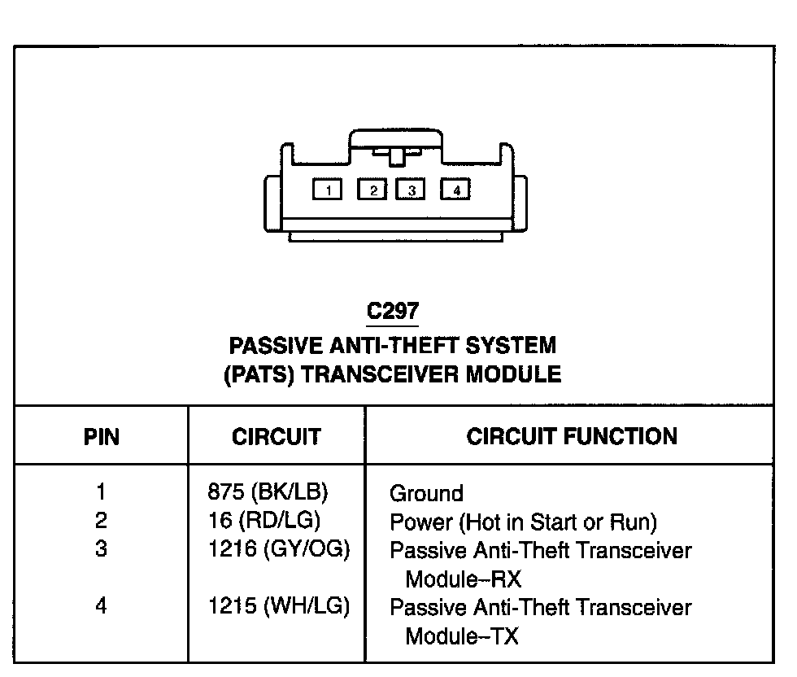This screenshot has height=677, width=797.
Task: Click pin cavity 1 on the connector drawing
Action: [x=328, y=190]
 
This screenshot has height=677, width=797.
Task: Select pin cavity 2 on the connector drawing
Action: [x=373, y=190]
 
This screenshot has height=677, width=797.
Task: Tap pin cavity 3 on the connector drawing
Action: [x=412, y=190]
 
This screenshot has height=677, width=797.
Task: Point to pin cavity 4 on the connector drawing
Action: [x=456, y=190]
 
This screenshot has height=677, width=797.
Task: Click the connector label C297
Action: [x=393, y=312]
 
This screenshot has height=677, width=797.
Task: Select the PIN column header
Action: [x=101, y=437]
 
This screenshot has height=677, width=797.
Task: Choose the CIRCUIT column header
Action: [x=277, y=437]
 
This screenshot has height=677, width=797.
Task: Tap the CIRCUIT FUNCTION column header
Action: [x=571, y=436]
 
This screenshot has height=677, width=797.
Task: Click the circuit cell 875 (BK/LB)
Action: [x=273, y=492]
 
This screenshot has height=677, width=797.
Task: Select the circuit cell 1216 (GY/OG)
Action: [x=279, y=549]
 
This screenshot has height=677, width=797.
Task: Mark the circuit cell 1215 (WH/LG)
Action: [x=279, y=606]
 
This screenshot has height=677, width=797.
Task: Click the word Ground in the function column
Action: [x=426, y=493]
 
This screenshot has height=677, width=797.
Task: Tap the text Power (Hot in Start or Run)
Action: [x=523, y=522]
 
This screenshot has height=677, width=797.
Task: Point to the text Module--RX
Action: [x=463, y=579]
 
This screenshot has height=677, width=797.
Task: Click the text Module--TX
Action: [x=461, y=636]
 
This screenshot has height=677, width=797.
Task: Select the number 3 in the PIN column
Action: [x=101, y=549]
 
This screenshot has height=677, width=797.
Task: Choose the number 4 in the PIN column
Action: [x=101, y=606]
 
